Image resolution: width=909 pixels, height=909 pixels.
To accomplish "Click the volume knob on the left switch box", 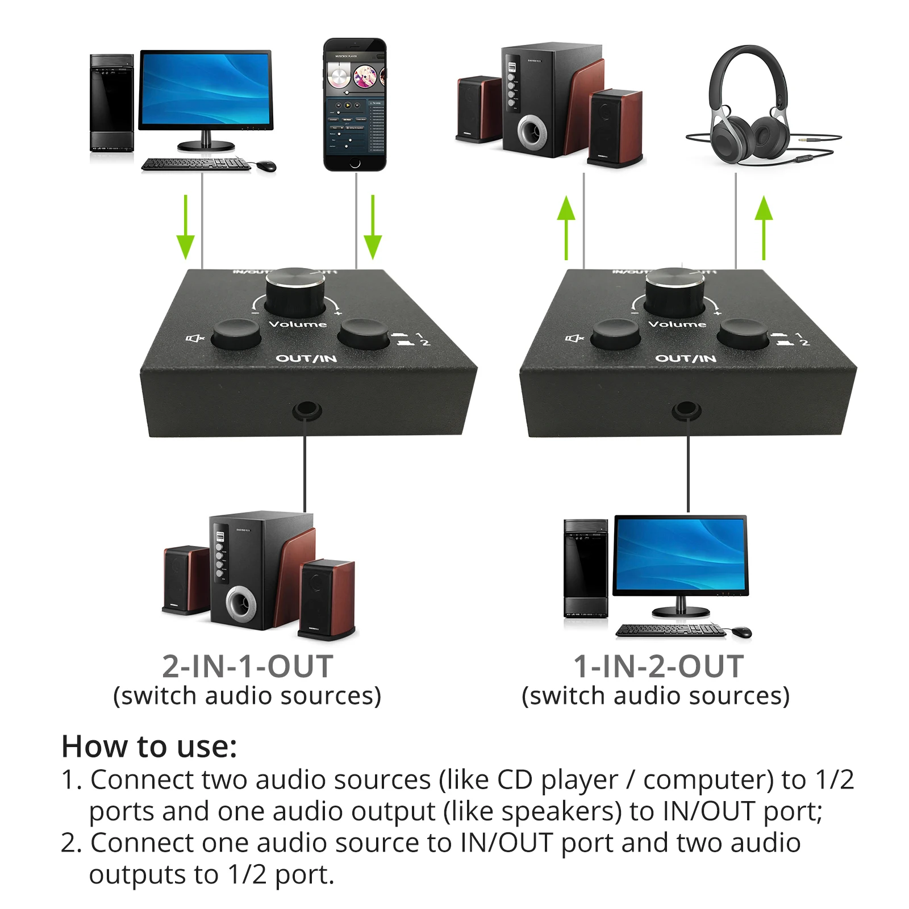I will (x=295, y=291).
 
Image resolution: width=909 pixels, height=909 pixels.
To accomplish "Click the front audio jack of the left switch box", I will (x=306, y=410).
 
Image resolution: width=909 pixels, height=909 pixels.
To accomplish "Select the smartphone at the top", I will (x=355, y=105).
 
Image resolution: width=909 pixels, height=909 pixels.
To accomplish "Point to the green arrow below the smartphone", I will (x=373, y=227).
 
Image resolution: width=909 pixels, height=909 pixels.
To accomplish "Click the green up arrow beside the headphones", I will (x=764, y=227).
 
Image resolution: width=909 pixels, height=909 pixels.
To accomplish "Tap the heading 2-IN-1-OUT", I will (x=247, y=666).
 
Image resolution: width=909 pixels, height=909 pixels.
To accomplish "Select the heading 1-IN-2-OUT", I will (x=658, y=666).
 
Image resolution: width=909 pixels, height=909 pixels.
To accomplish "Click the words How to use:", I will (x=149, y=747).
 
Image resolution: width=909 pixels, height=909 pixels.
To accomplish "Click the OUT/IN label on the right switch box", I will (x=685, y=358).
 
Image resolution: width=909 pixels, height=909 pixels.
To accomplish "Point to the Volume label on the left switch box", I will (x=298, y=324).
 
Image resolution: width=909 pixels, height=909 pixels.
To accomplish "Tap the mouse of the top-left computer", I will (x=266, y=166).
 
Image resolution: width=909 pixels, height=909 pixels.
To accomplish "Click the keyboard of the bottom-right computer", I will (x=670, y=630).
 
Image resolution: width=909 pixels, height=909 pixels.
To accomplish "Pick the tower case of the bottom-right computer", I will (x=586, y=568).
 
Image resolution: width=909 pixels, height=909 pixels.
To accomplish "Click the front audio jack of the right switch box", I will (x=686, y=410).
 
